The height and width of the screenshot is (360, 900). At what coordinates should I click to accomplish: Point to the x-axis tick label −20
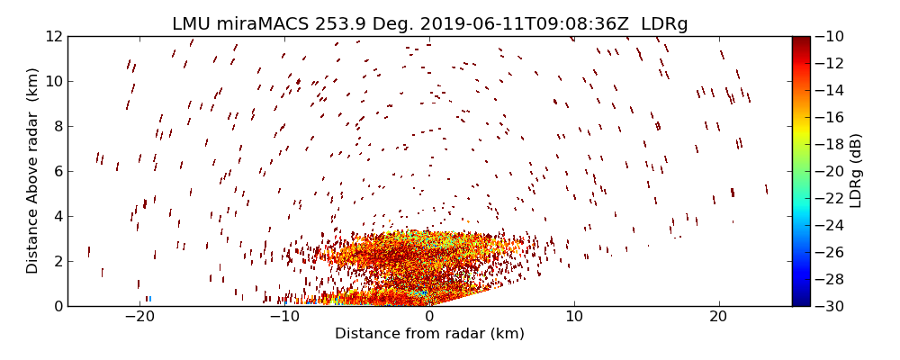point(139,317)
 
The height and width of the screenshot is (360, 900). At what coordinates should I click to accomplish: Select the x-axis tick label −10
point(284,317)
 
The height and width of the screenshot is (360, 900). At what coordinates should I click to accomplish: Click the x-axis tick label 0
point(429,317)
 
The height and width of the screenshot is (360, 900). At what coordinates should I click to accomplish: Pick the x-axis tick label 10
point(574,317)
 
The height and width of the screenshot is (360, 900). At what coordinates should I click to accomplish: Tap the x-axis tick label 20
point(718,317)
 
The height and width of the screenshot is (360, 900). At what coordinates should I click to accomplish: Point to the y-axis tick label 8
point(57,126)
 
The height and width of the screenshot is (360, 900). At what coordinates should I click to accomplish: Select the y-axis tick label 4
point(57,216)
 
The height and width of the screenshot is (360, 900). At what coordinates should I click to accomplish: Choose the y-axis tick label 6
point(57,171)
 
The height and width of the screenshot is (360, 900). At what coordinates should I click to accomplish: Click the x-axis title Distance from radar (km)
point(429,334)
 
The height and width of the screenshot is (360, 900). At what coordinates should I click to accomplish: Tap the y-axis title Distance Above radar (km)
point(32,171)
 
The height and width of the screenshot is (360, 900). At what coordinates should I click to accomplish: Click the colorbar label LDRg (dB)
point(856,171)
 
